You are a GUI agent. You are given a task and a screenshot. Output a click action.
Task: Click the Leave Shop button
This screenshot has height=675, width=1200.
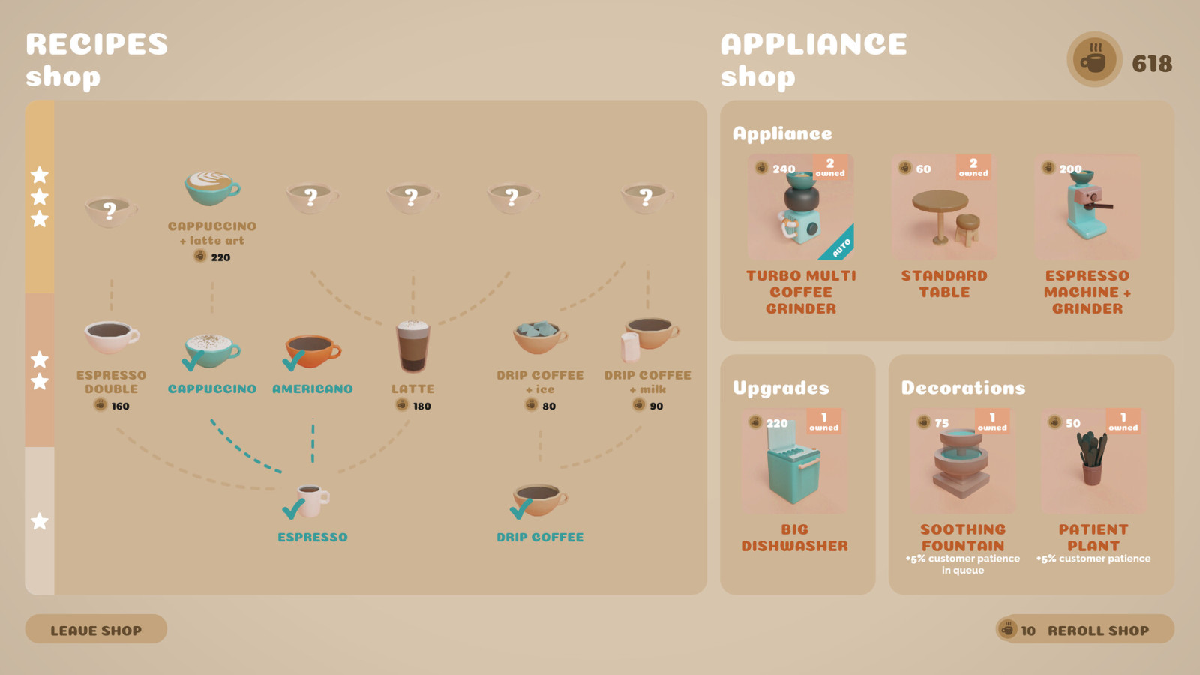coord(96,629)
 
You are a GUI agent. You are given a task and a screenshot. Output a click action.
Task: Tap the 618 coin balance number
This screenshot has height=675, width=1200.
coord(1152,64)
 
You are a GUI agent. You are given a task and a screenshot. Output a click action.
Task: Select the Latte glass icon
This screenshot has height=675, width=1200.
coord(412,346)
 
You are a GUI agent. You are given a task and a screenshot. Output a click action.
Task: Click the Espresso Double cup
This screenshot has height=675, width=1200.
coord(112,337)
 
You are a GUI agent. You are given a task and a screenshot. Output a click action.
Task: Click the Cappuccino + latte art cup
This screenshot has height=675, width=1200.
coord(212,188)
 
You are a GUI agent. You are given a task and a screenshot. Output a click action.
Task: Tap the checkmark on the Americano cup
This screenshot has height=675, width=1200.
coord(293,361)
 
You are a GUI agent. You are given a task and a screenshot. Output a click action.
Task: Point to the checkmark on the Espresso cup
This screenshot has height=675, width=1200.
coord(293,509)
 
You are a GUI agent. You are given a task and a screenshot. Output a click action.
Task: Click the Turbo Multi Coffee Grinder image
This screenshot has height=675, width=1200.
coord(800,207)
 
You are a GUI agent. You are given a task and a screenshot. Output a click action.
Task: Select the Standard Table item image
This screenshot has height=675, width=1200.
coord(944,207)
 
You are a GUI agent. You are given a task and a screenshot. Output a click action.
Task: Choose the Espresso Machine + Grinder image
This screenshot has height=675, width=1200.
coord(1087,207)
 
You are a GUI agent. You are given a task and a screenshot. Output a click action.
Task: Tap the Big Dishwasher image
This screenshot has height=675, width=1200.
coord(794,461)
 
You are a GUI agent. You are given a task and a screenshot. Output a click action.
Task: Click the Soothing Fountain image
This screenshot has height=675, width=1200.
coord(963,461)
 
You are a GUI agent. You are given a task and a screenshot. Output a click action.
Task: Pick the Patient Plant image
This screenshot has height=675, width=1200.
coord(1093,461)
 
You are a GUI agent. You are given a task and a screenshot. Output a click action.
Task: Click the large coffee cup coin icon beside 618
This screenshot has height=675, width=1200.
coord(1094,59)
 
